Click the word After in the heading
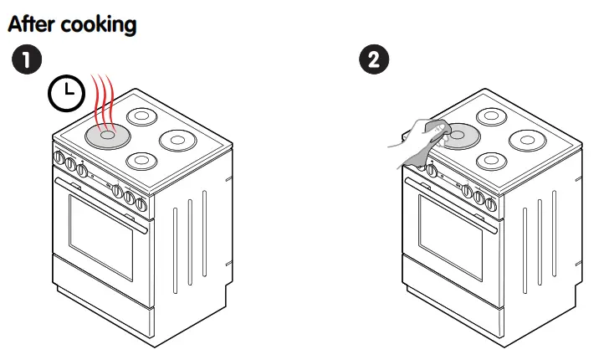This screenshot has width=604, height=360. point(31,24)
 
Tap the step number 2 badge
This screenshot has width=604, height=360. point(373,60)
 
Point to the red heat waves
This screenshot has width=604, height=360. point(103,100)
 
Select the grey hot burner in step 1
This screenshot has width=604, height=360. point(106,136)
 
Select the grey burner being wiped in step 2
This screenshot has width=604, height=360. point(459,135)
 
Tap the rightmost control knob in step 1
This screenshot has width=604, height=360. point(142,204)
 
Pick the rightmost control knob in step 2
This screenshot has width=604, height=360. point(491,204)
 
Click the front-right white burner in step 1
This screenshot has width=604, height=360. point(142,160)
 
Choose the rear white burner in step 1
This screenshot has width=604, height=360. point(143,118)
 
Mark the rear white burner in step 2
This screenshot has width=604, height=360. point(492,118)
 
